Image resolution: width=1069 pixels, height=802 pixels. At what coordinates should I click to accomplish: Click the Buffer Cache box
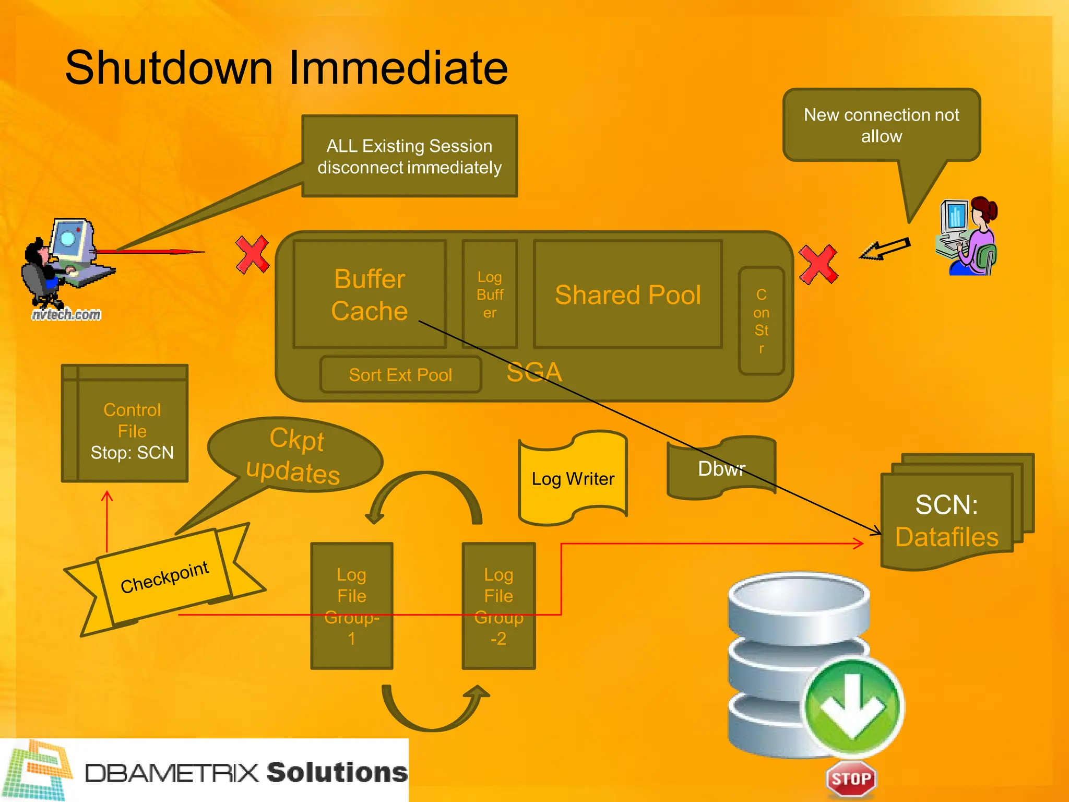point(370,294)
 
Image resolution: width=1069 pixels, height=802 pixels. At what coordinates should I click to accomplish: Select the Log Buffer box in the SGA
point(490,294)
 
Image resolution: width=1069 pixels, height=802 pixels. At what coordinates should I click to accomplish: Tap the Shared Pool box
point(628,294)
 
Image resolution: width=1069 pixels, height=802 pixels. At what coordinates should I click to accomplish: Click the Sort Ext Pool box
point(400,375)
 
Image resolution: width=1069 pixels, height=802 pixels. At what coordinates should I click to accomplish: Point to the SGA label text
point(534,372)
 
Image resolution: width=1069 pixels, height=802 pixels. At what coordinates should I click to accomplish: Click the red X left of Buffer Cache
point(252,254)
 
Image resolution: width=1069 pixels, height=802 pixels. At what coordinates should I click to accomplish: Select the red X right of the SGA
point(818,264)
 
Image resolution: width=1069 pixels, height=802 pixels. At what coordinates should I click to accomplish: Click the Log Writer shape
point(573,478)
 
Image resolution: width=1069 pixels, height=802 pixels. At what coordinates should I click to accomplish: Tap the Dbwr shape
point(721,468)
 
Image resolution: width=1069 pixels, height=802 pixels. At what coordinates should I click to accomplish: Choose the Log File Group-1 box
point(351,606)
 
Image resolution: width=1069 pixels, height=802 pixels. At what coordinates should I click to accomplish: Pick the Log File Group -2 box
point(498,606)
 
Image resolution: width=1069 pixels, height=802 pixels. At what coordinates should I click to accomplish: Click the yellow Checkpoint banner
point(164,577)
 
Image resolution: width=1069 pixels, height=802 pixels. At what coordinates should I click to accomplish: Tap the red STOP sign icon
point(851,779)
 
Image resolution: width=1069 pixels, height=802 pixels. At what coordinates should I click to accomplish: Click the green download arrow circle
point(853,706)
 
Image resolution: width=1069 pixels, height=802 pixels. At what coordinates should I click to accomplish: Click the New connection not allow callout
point(881,125)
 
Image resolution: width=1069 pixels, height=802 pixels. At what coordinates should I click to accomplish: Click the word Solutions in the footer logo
point(337,772)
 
